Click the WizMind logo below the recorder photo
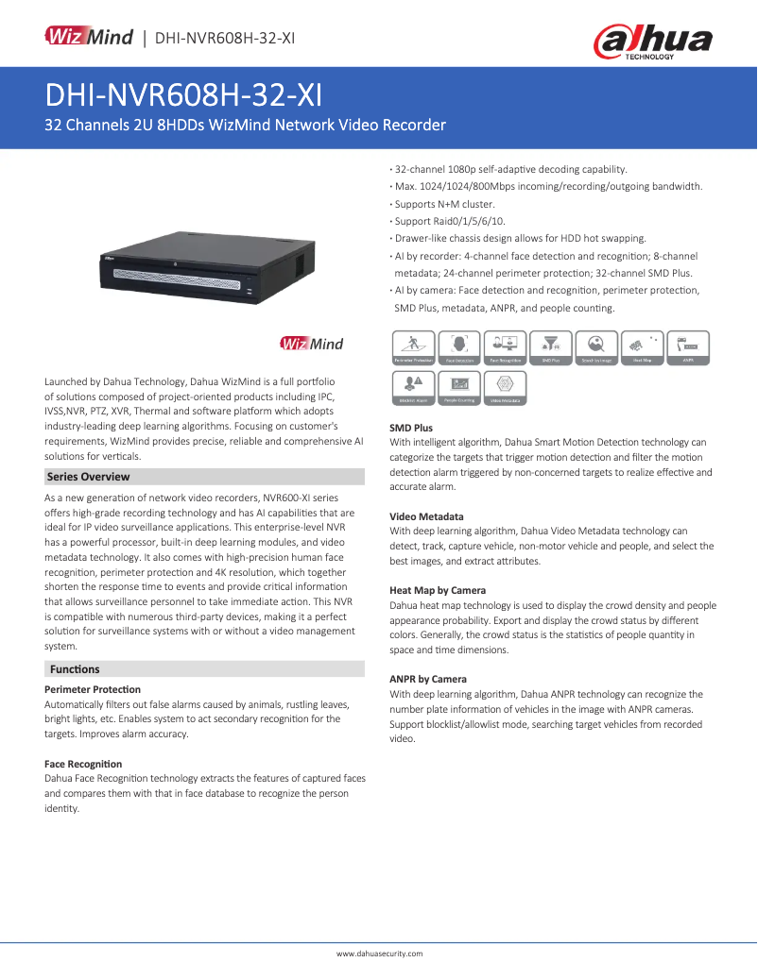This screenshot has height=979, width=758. tap(311, 344)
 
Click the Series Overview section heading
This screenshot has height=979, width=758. tap(88, 477)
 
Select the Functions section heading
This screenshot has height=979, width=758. tap(75, 669)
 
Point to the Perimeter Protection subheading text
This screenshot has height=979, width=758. tap(93, 689)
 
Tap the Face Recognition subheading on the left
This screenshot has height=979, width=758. tap(83, 763)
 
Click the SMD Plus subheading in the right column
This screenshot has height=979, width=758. tap(411, 428)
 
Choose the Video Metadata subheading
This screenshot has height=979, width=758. tap(426, 516)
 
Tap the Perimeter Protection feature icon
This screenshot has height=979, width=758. tap(413, 347)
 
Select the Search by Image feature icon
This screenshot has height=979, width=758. tap(596, 347)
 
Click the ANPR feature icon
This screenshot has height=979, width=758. tap(688, 347)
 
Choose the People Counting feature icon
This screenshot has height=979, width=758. tap(459, 387)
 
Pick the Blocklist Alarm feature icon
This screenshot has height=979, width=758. tap(413, 387)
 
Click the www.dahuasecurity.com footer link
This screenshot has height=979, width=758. tap(379, 954)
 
